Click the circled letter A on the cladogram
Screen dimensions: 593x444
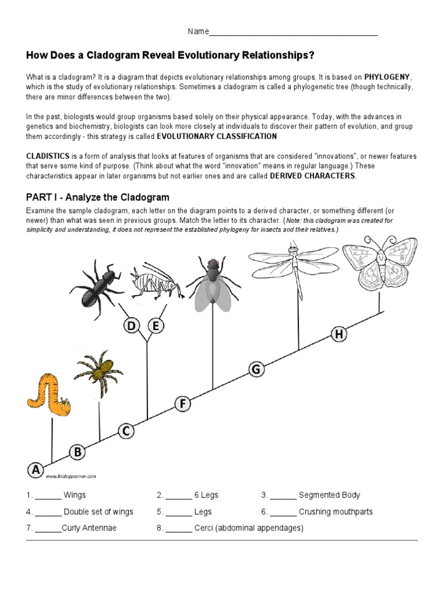point(36,470)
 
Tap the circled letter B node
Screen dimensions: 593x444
point(77,452)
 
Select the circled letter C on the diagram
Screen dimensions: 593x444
point(126,431)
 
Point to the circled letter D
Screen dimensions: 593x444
point(132,327)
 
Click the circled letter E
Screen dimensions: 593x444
point(155,327)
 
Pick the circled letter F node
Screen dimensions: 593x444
point(183,404)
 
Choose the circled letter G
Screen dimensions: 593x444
point(257,369)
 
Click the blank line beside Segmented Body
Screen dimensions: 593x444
point(283,496)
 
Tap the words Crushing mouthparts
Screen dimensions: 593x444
point(335,512)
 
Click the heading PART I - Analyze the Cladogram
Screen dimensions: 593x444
point(98,197)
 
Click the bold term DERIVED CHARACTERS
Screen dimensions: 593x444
point(313,176)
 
